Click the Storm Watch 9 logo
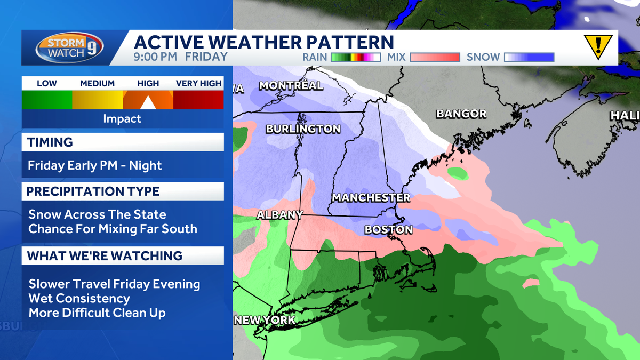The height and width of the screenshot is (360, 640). [69, 48]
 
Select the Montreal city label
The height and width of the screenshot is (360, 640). [291, 85]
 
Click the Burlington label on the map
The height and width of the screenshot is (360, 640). [303, 129]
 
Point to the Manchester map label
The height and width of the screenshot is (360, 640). [371, 198]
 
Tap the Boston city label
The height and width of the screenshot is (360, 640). [388, 230]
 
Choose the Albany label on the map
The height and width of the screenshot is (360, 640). [279, 215]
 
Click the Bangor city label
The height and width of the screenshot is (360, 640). [461, 114]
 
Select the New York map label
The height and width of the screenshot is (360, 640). [265, 320]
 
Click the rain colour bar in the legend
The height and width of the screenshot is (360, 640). [355, 57]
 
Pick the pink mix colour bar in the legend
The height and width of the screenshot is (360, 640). [435, 57]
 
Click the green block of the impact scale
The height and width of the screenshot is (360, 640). [47, 100]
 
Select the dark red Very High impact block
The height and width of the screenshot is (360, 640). [198, 100]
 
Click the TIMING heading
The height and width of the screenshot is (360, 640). [50, 142]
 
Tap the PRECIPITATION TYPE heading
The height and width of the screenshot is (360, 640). [93, 191]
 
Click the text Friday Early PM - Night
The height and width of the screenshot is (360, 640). [95, 166]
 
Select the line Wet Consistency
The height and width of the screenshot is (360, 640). [79, 298]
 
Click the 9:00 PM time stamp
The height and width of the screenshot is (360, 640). [156, 57]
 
